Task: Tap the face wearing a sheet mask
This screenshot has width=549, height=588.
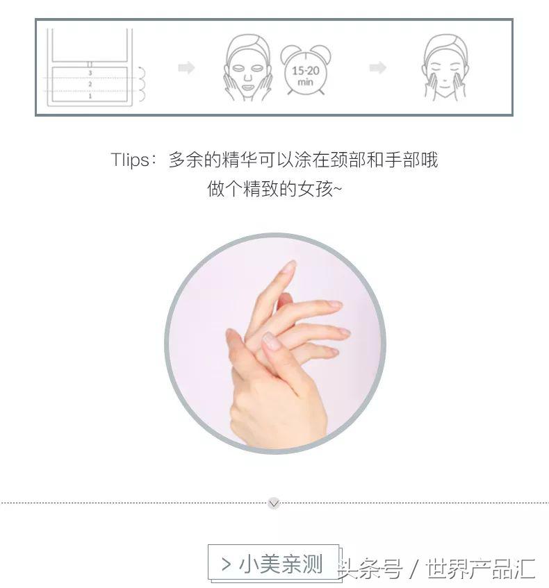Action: [x=247, y=67]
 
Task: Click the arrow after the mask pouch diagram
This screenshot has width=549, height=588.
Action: [x=186, y=68]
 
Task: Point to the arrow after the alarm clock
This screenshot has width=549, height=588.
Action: [x=377, y=68]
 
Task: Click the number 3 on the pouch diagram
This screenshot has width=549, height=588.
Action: [x=90, y=72]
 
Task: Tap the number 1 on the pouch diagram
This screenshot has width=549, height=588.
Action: [x=90, y=96]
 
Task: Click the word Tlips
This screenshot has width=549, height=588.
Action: [x=129, y=160]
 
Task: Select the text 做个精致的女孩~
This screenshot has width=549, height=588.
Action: [x=274, y=189]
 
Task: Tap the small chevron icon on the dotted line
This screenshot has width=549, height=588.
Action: [x=274, y=503]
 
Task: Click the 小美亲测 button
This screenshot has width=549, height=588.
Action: [x=273, y=564]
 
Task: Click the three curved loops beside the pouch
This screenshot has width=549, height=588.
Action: [x=141, y=84]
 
